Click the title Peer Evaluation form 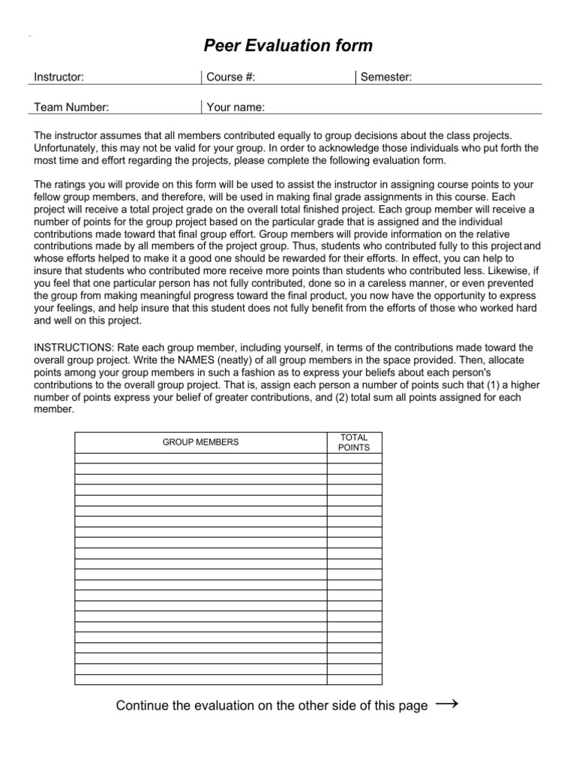288,47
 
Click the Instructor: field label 59,77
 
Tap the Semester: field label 386,77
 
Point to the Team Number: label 72,107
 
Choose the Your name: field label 235,107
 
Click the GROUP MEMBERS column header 201,442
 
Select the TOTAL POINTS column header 355,442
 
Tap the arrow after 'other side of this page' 447,704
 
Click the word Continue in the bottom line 142,706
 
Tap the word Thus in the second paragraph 303,246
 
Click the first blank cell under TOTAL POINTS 355,458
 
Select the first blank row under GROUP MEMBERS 201,458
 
